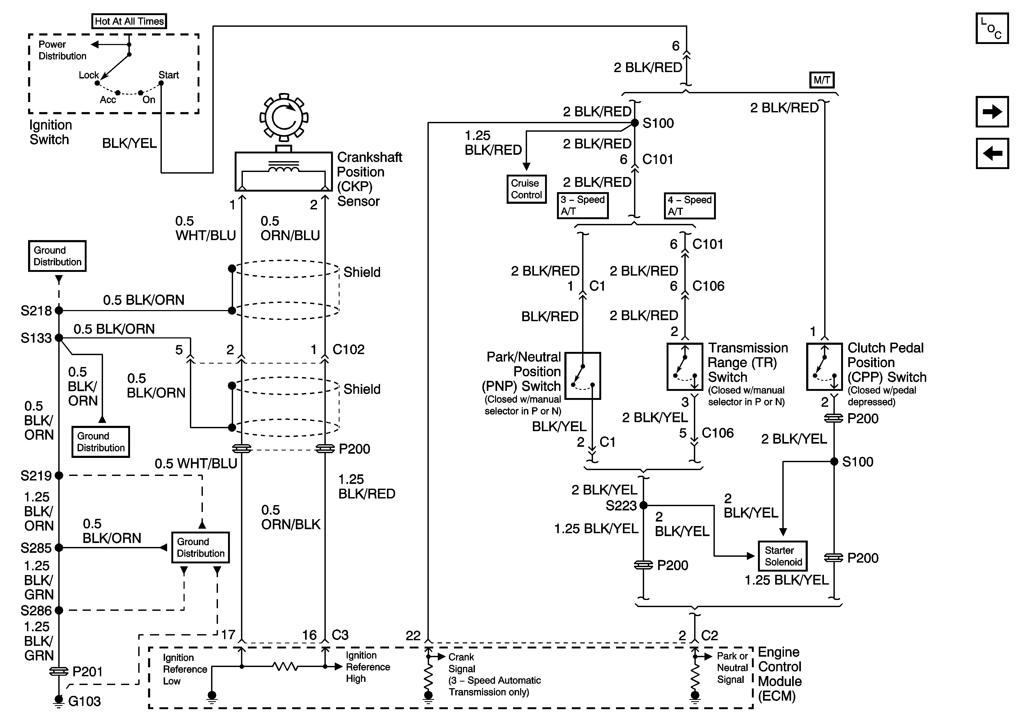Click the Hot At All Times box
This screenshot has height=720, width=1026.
[129, 21]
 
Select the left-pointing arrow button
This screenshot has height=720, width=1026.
[992, 153]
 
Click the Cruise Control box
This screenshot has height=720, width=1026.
[527, 189]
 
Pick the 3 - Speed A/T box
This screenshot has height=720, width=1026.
[583, 205]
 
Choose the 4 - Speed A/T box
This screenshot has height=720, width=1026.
[689, 205]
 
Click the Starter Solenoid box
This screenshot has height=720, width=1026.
[782, 556]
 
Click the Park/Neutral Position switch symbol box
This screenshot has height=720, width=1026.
[583, 376]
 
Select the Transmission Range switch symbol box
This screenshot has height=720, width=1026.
[685, 367]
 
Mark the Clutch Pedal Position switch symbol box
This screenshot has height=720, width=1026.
[824, 367]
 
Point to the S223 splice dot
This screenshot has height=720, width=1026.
[644, 505]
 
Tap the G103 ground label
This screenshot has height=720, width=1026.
[84, 701]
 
